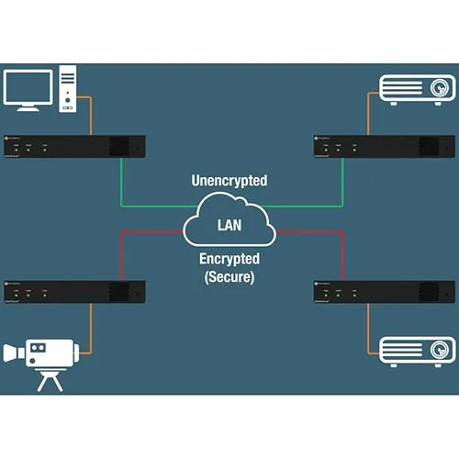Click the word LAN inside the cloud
(x=229, y=224)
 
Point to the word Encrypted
(x=229, y=261)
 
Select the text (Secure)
(x=229, y=275)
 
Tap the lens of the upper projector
(x=442, y=89)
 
